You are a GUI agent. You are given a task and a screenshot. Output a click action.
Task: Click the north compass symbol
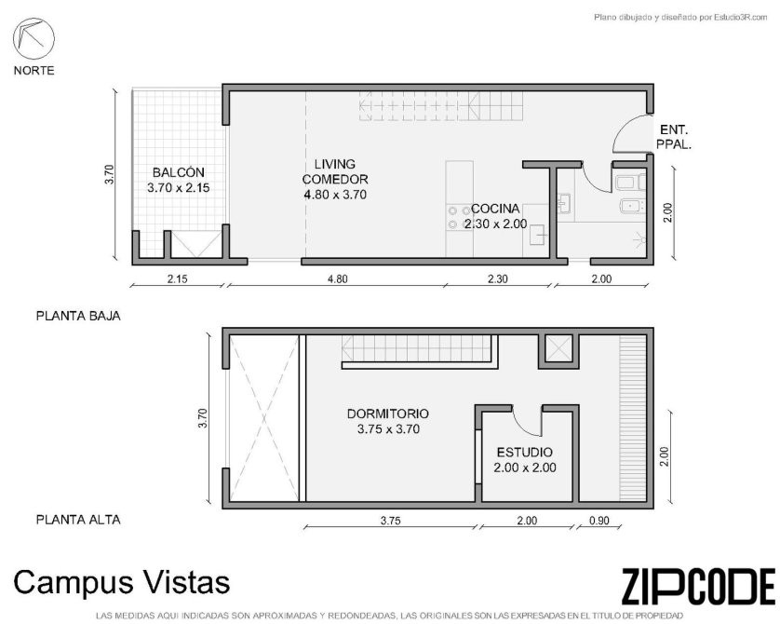pos(34,38)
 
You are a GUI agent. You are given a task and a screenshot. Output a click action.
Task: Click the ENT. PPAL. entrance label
pos(674,137)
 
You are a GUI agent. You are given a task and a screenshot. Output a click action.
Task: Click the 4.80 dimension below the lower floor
pos(337,279)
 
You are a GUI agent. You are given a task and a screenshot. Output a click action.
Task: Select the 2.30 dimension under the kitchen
pos(497,279)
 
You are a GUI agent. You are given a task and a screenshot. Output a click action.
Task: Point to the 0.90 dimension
pos(598,521)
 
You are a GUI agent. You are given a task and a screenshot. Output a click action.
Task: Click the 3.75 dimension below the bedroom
pos(391,521)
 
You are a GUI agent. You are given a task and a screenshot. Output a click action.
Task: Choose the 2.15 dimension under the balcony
pos(177,279)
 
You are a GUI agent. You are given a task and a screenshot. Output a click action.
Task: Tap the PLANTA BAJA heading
pos(78,316)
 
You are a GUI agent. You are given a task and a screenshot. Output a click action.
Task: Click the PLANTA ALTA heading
pos(78,520)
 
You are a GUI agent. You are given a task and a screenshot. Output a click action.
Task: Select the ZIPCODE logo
pos(698,587)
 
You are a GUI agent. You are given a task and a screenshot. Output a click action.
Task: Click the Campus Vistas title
pos(122,582)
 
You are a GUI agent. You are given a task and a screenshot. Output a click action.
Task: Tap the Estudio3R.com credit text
pos(680,18)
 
